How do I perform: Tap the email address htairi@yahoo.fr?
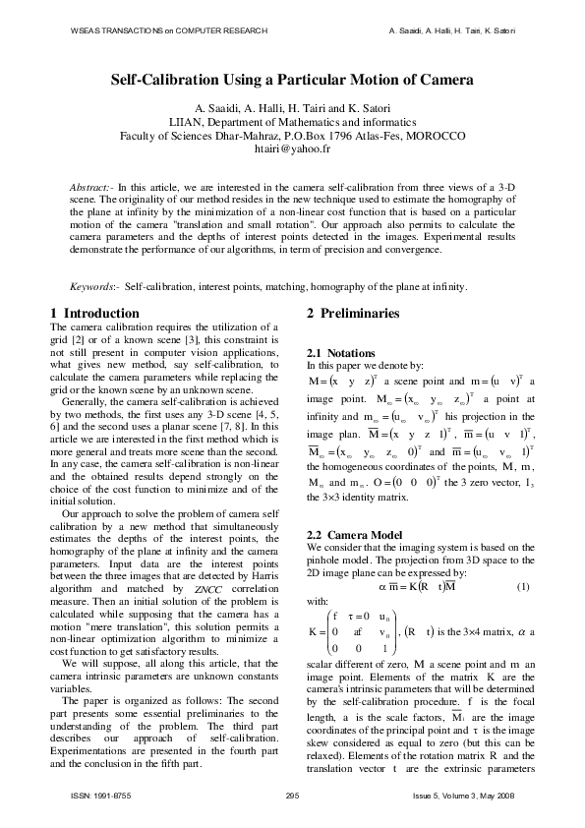(292, 152)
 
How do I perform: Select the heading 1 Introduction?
(94, 314)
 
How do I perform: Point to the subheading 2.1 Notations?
(341, 352)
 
